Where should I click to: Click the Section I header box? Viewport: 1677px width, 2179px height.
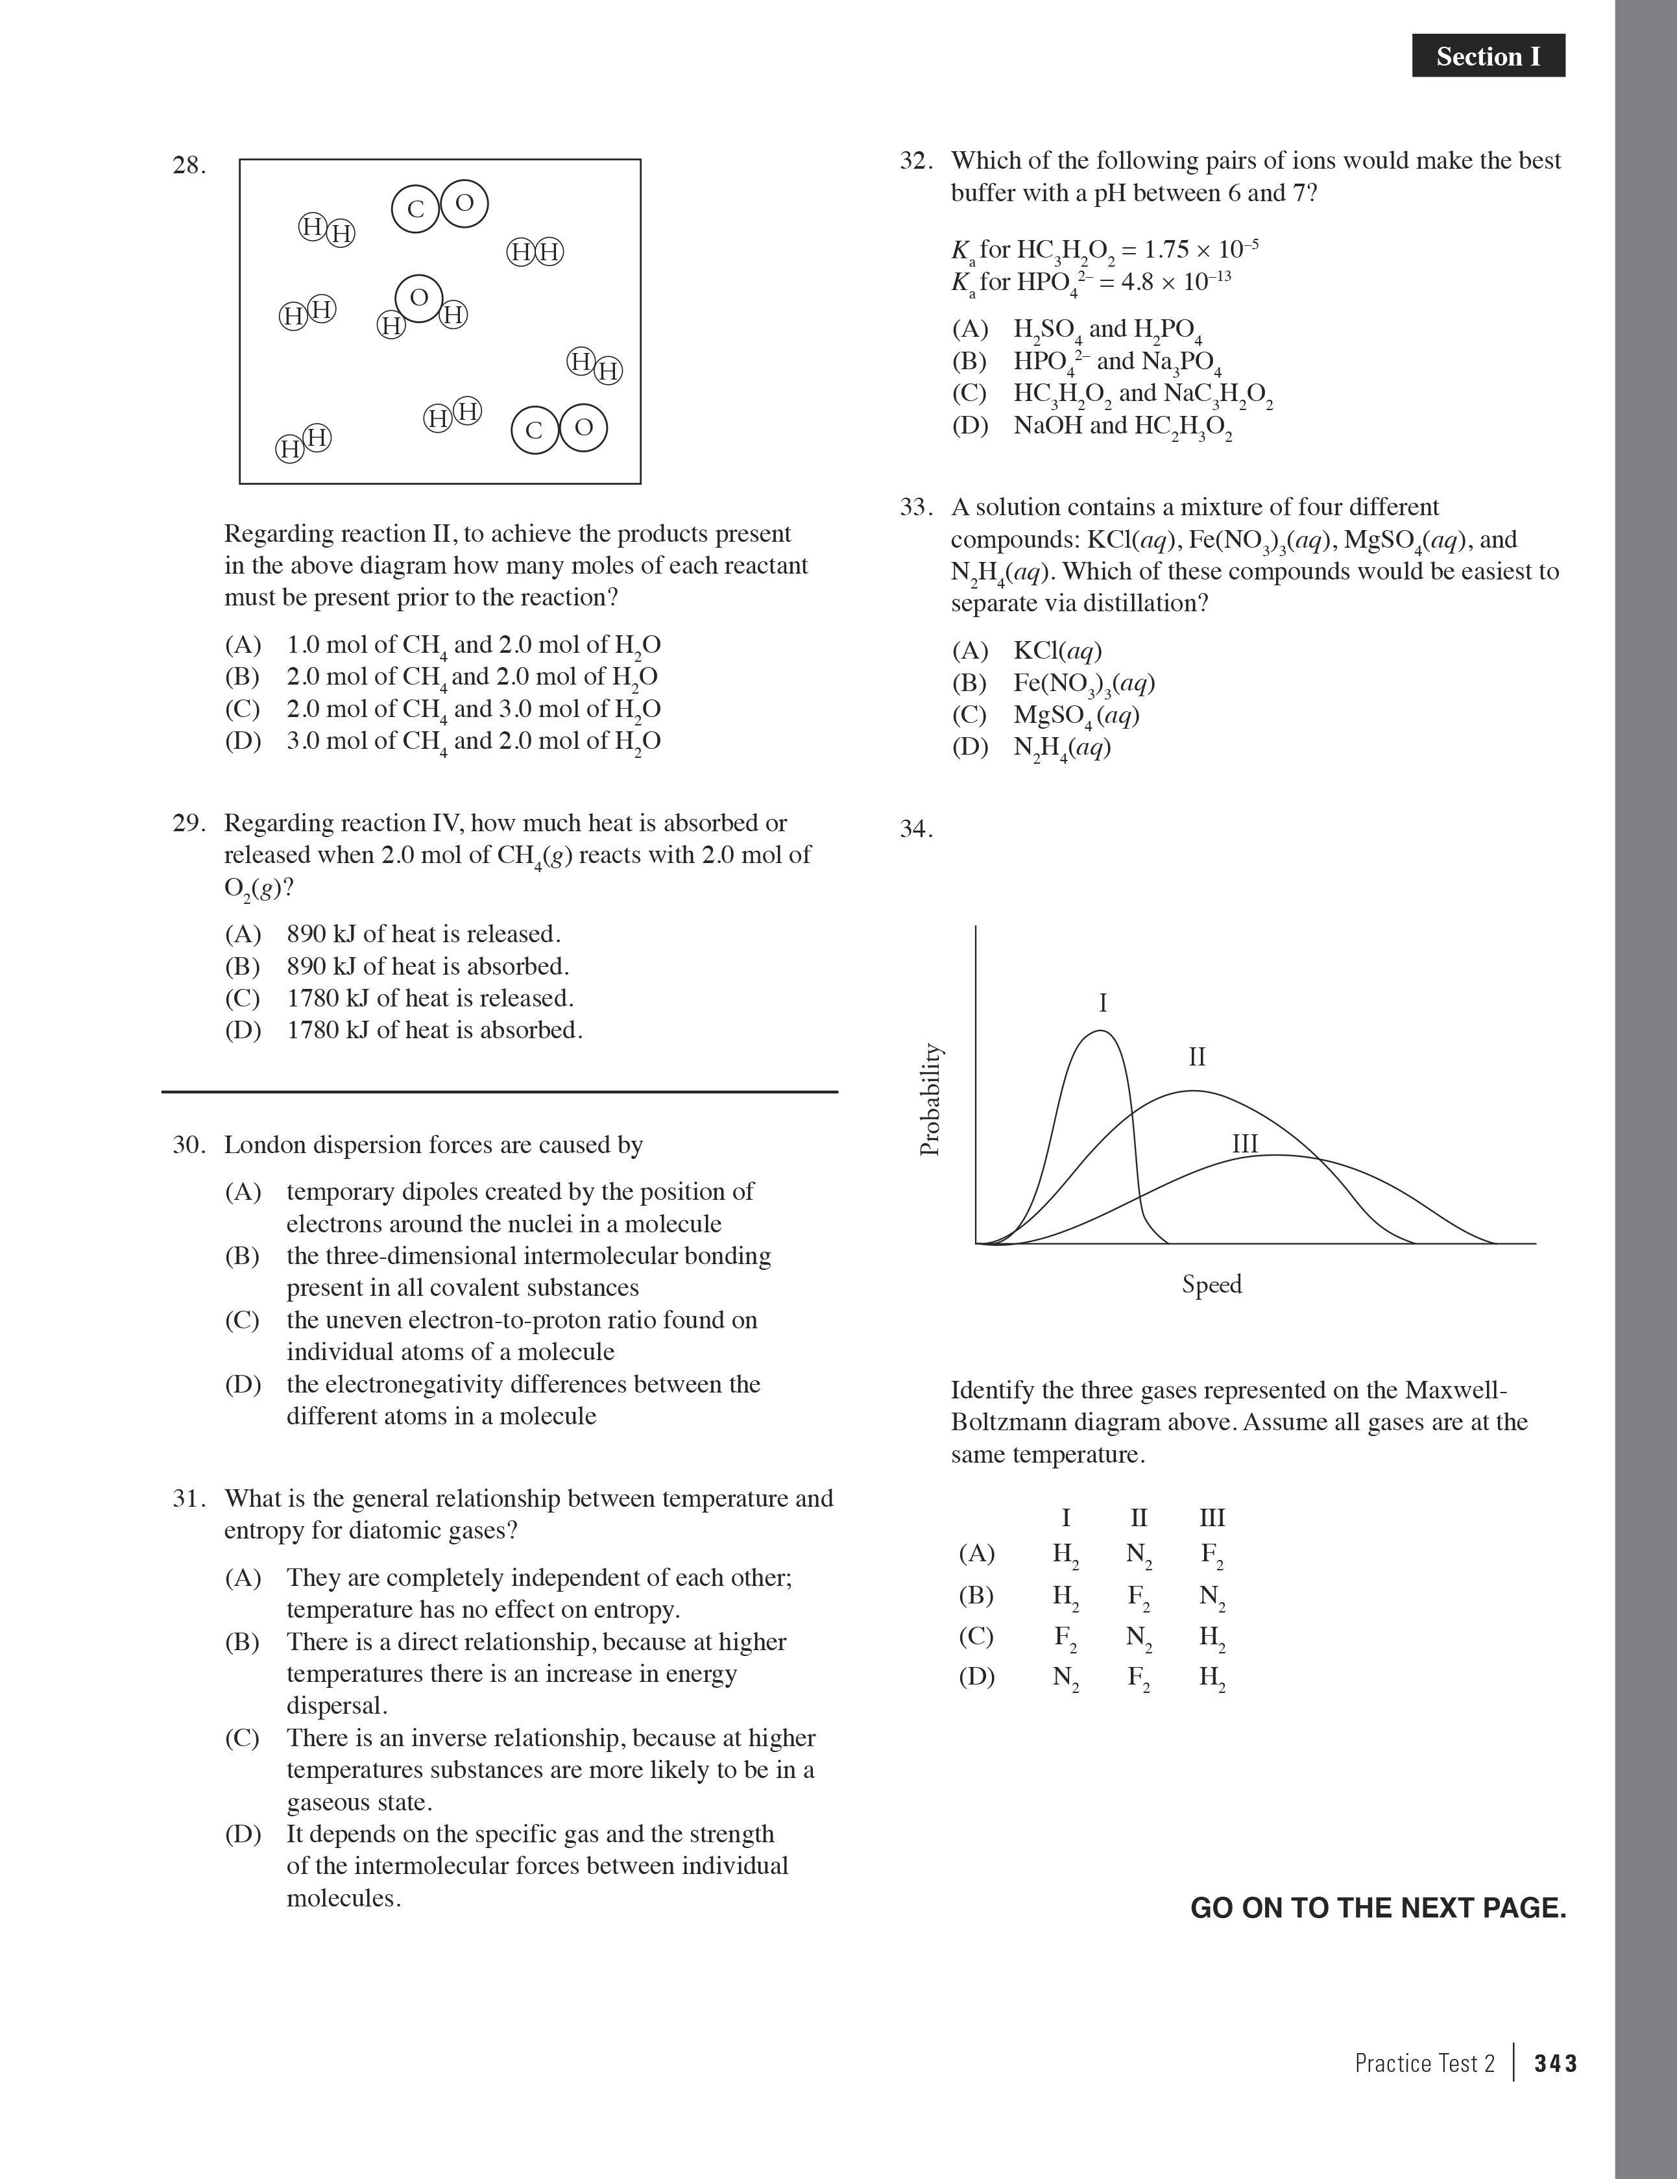click(x=1488, y=56)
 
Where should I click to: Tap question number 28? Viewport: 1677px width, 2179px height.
click(x=189, y=165)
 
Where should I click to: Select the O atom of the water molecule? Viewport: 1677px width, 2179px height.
click(x=419, y=297)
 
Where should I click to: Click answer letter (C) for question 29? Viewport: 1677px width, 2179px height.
click(x=243, y=998)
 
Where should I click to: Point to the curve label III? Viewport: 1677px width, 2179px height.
click(x=1244, y=1143)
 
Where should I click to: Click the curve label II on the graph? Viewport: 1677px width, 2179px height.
click(x=1197, y=1056)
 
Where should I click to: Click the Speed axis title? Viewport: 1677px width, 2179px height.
click(x=1211, y=1284)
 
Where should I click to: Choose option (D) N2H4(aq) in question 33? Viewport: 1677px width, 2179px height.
click(x=1061, y=748)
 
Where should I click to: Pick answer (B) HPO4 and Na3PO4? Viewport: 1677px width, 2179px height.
click(x=1117, y=361)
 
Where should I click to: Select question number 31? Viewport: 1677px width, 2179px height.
click(x=189, y=1498)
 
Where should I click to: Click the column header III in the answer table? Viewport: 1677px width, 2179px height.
click(x=1211, y=1518)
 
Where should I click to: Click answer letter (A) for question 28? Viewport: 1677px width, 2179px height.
click(x=243, y=644)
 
